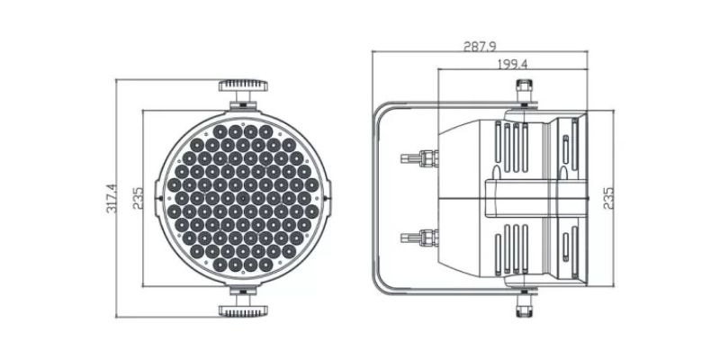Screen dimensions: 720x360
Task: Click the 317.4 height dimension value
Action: [112, 198]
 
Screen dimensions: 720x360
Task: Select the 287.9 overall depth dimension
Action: [480, 47]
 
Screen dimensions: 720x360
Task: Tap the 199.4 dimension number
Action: [512, 64]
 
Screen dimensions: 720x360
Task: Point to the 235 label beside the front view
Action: [139, 198]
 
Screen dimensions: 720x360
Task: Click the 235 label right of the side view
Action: [608, 198]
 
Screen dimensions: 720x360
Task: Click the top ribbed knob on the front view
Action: [243, 85]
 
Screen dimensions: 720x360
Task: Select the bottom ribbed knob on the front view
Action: [243, 311]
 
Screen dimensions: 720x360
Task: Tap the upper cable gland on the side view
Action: [419, 158]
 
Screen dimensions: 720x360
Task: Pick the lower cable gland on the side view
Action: [419, 238]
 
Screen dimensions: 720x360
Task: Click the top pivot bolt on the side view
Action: [524, 91]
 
